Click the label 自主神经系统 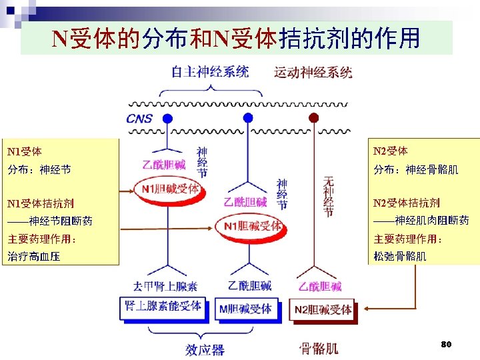pyautogui.click(x=210, y=71)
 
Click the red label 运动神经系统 pyautogui.click(x=313, y=72)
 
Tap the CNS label pyautogui.click(x=139, y=119)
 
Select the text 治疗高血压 pyautogui.click(x=33, y=256)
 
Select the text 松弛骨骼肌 pyautogui.click(x=400, y=256)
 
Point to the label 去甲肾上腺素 pyautogui.click(x=165, y=287)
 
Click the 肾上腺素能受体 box pyautogui.click(x=163, y=306)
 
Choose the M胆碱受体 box pyautogui.click(x=245, y=307)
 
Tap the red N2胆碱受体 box pyautogui.click(x=323, y=309)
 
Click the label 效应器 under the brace pyautogui.click(x=205, y=349)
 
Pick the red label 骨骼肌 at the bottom pyautogui.click(x=318, y=348)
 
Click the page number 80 pyautogui.click(x=447, y=344)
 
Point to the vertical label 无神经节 pyautogui.click(x=328, y=197)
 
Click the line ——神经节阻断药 pyautogui.click(x=50, y=221)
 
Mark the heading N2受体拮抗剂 pyautogui.click(x=406, y=203)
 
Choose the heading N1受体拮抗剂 pyautogui.click(x=40, y=203)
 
